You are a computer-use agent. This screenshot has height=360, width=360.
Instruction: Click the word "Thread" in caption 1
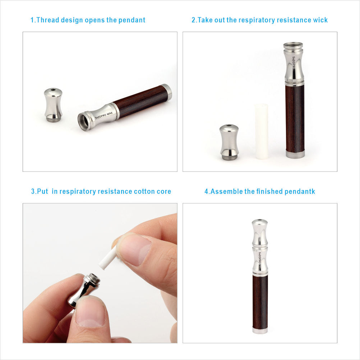48,20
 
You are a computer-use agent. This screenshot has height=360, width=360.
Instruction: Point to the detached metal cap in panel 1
53,105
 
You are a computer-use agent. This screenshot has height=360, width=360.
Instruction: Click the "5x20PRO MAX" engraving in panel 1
104,115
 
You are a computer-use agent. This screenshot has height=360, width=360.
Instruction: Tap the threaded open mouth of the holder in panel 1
84,121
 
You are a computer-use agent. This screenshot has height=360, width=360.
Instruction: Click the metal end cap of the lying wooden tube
167,92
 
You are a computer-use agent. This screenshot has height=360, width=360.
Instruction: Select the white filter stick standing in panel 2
261,131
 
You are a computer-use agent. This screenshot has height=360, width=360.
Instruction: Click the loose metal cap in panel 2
229,142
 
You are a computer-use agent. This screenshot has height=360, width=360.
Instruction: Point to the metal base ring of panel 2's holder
295,154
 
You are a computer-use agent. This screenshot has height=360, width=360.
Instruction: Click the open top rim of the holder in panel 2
293,46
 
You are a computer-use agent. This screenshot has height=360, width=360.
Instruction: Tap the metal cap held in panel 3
84,289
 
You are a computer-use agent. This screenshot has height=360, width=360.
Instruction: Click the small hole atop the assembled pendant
260,220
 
